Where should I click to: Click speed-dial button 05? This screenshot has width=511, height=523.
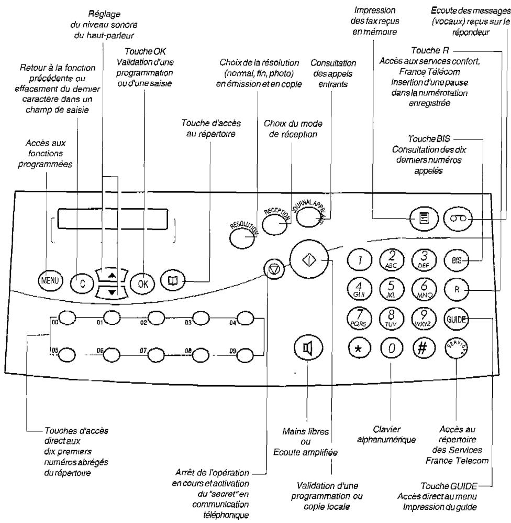(66, 354)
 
